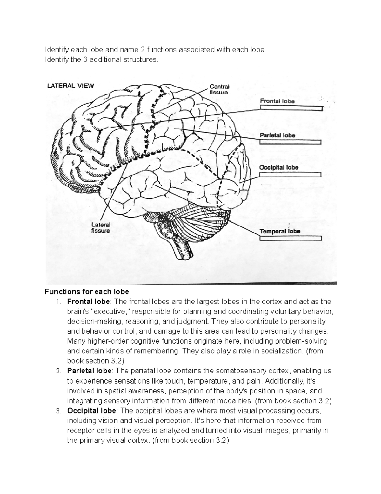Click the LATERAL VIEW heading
[x=70, y=85]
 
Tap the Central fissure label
[x=219, y=89]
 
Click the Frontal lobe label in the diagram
[x=277, y=101]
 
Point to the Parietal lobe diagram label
[x=277, y=135]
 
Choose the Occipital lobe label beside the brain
[x=279, y=167]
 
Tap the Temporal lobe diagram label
[x=280, y=231]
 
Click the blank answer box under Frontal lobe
[x=291, y=108]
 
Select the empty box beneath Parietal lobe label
[x=290, y=142]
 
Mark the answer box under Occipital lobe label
[x=290, y=174]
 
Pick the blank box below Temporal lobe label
[x=291, y=238]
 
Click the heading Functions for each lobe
[x=87, y=292]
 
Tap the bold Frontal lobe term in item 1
[x=88, y=302]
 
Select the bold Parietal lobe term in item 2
[x=89, y=371]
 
